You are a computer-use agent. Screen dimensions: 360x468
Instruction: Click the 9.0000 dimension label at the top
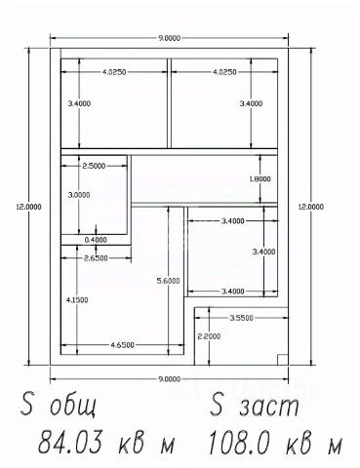(169, 38)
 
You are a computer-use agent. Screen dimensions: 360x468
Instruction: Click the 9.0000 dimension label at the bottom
(169, 379)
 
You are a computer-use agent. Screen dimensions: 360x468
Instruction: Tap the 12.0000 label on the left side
(29, 207)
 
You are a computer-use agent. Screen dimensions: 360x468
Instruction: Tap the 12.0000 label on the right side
(311, 207)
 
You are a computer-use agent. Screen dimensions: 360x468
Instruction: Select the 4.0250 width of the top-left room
(114, 72)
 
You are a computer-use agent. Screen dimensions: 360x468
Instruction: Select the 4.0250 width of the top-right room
(224, 72)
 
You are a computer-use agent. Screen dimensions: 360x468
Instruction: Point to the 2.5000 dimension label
(94, 166)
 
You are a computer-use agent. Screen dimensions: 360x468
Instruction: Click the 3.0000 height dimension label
(79, 195)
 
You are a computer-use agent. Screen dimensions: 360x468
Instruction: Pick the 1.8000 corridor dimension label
(260, 179)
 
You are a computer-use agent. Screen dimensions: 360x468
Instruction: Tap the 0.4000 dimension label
(96, 240)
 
